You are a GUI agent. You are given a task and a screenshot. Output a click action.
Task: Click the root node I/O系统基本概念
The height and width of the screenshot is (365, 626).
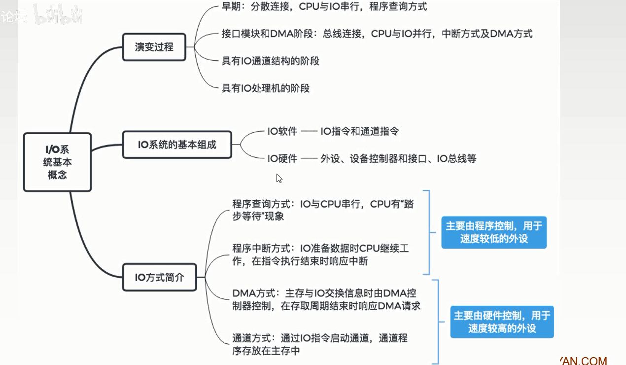57,162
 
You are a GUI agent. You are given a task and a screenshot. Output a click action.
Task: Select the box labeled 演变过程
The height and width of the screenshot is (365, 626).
154,47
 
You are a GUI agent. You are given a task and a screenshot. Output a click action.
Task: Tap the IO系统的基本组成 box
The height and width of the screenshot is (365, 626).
177,145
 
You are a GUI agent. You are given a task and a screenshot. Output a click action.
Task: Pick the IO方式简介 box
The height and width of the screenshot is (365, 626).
159,277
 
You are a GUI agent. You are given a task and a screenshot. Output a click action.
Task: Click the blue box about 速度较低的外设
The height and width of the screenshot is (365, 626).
493,232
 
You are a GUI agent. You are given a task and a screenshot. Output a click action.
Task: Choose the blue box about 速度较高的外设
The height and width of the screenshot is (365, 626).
502,322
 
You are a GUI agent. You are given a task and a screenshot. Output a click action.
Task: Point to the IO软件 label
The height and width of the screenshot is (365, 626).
282,132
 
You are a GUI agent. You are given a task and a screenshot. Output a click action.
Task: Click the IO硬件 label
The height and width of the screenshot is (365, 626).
282,158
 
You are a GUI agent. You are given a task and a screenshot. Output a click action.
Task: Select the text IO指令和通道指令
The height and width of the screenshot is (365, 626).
360,132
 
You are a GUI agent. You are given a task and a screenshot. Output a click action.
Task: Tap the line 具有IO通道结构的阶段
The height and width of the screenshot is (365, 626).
271,61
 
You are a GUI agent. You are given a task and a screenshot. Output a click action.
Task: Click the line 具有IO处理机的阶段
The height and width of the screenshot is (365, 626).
266,88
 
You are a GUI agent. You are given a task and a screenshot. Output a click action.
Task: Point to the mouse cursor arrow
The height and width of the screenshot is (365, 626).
279,178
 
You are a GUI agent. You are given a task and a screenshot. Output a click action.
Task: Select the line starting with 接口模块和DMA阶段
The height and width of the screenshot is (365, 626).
377,34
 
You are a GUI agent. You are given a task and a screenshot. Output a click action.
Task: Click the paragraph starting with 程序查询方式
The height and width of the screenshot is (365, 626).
323,210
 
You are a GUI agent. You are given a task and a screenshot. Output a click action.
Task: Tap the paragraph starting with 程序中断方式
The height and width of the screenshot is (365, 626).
320,255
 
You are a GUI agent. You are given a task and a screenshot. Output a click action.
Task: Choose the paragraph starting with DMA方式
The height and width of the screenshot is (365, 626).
326,299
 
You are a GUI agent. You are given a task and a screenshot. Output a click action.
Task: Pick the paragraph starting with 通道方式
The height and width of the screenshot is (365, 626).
320,344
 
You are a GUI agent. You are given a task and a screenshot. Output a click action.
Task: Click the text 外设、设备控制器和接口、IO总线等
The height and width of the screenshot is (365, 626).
398,158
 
